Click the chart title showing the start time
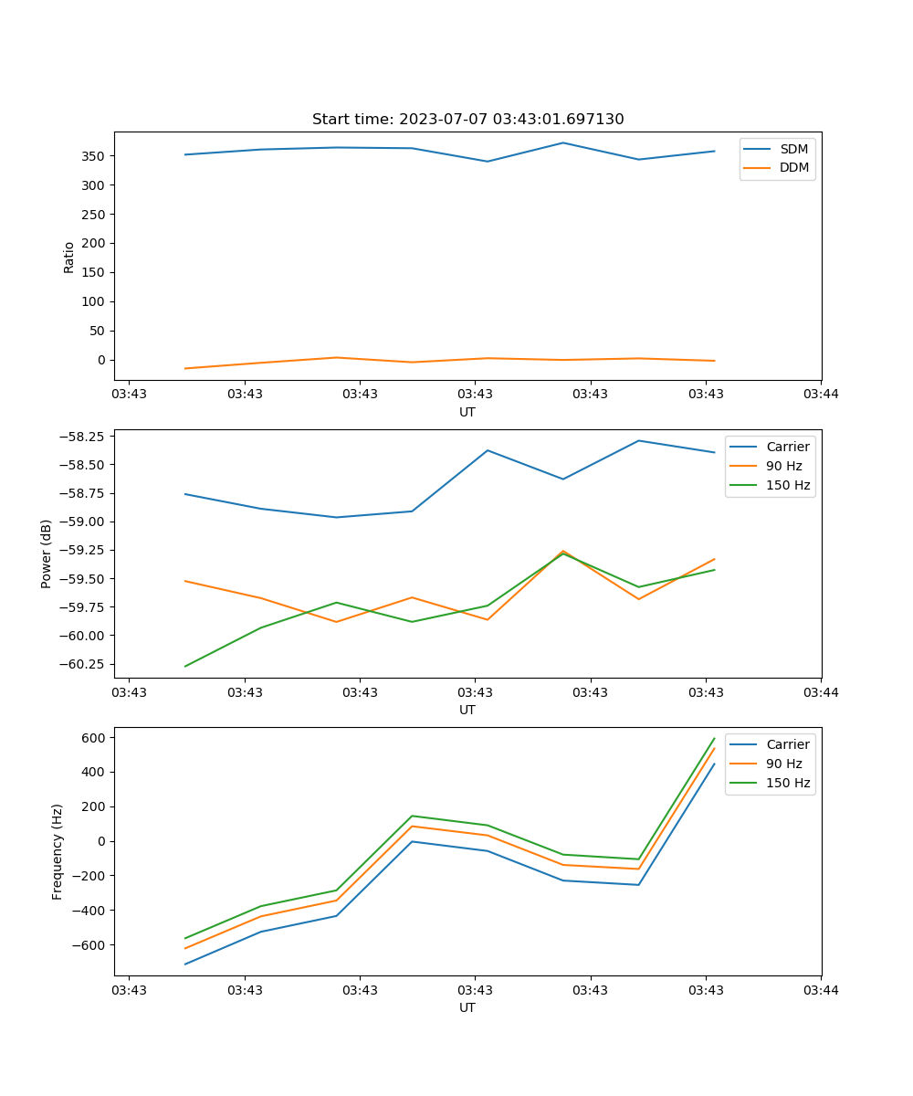pyautogui.click(x=467, y=120)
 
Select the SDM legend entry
pyautogui.click(x=793, y=149)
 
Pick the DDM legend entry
pyautogui.click(x=793, y=167)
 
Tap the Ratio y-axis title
pyautogui.click(x=69, y=257)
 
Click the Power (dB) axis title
pyautogui.click(x=47, y=553)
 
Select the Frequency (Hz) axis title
pyautogui.click(x=58, y=851)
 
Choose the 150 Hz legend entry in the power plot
pyautogui.click(x=788, y=485)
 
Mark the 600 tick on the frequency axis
pyautogui.click(x=94, y=737)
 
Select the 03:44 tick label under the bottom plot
pyautogui.click(x=821, y=989)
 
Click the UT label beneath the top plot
pyautogui.click(x=467, y=412)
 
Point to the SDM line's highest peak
pyautogui.click(x=563, y=142)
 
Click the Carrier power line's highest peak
pyautogui.click(x=639, y=440)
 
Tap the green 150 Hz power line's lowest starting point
pyautogui.click(x=185, y=666)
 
